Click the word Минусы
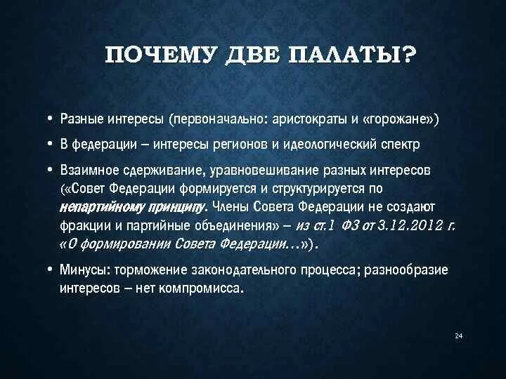click(x=84, y=271)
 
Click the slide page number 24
click(x=458, y=336)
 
